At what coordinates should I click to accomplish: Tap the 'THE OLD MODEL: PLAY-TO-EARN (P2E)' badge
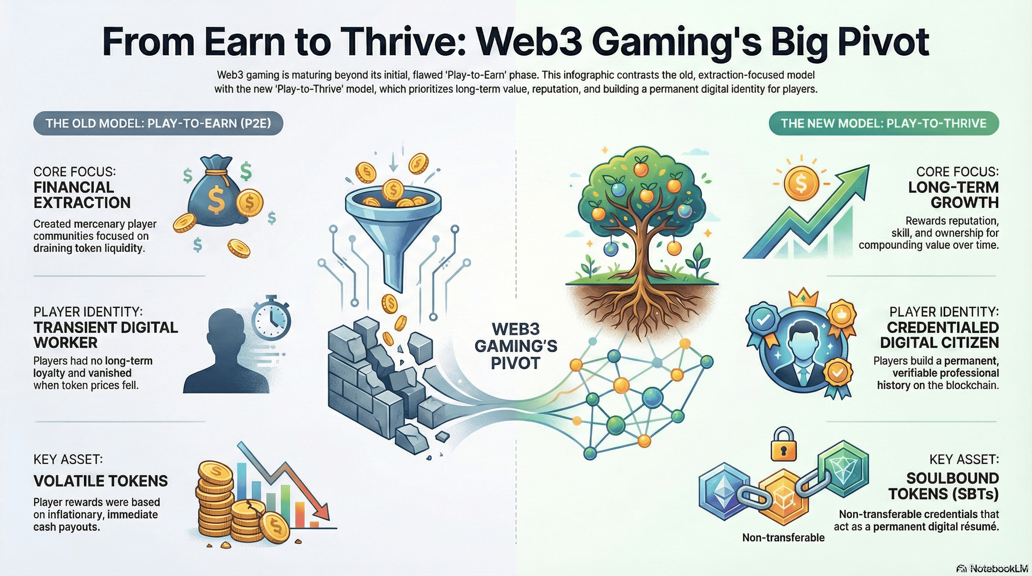[158, 123]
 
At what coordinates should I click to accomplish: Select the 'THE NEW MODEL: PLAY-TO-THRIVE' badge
[883, 123]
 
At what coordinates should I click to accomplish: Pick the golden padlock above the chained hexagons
[784, 445]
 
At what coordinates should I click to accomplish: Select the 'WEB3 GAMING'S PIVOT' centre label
[516, 346]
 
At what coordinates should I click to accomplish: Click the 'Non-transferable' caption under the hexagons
[783, 537]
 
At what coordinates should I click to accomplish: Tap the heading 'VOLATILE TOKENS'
[100, 481]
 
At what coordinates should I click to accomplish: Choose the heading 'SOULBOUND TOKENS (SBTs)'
[943, 486]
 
